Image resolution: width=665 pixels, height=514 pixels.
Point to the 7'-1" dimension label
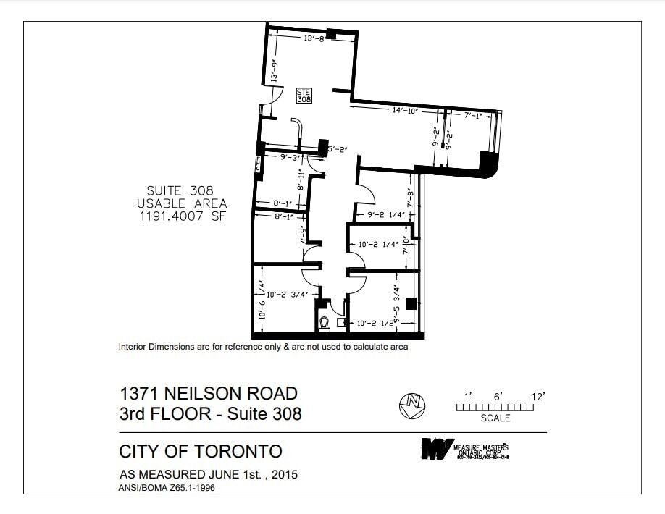coord(473,115)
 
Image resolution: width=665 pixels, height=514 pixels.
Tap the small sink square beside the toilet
coord(342,324)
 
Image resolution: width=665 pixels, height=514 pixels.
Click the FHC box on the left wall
coord(258,165)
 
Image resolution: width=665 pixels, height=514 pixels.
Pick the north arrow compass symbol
coord(412,405)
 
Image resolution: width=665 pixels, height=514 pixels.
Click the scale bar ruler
coord(495,408)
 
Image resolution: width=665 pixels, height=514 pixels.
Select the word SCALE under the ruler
coord(495,418)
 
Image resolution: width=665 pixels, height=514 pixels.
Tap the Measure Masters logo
coord(438,449)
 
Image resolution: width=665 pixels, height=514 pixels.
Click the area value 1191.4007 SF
coord(183,216)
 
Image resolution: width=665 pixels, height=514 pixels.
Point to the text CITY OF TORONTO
coord(201,452)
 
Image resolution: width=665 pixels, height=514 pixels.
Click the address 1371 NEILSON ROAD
coord(209,394)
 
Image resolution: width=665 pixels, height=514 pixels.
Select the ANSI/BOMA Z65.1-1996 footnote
coord(167,488)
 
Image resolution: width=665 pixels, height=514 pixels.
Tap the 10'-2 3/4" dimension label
coord(288,295)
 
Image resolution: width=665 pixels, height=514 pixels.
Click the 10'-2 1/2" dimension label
coord(375,324)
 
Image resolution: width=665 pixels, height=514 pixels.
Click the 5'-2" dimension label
coord(338,149)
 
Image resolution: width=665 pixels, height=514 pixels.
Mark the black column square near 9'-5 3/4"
coord(411,304)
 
